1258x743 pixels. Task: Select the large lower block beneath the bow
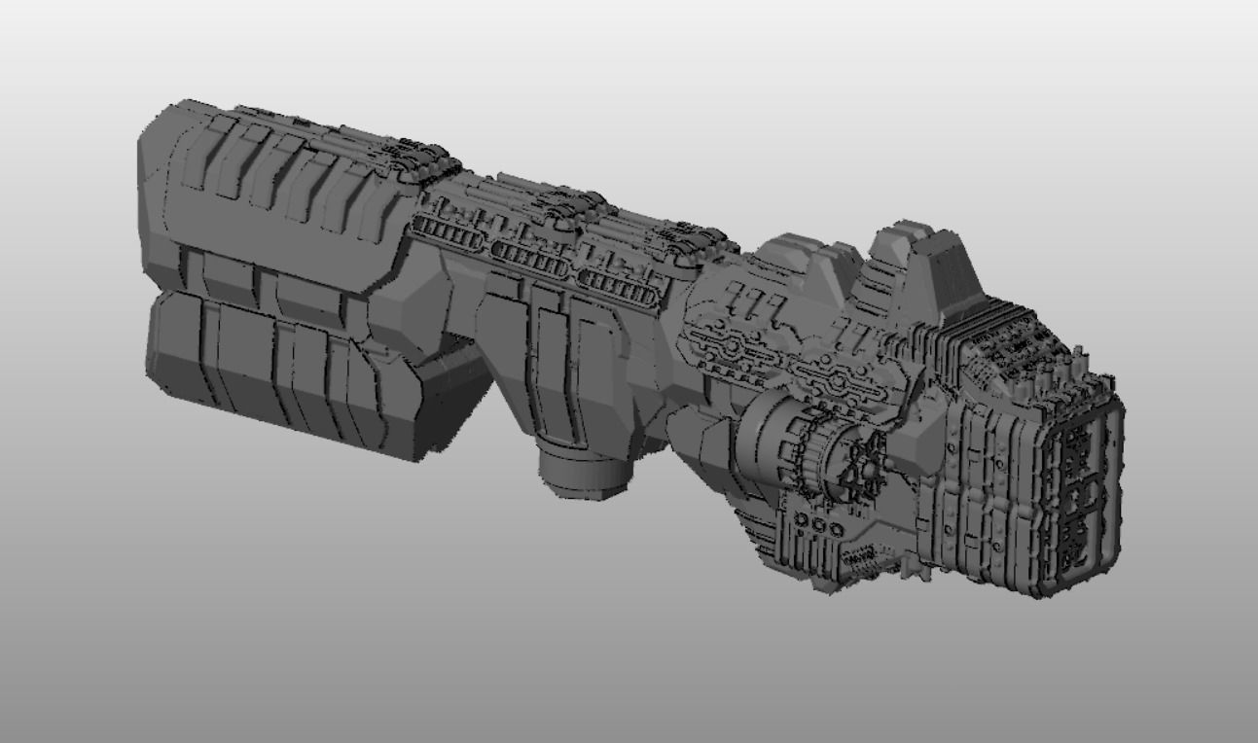282,374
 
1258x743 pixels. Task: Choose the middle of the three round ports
820,525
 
